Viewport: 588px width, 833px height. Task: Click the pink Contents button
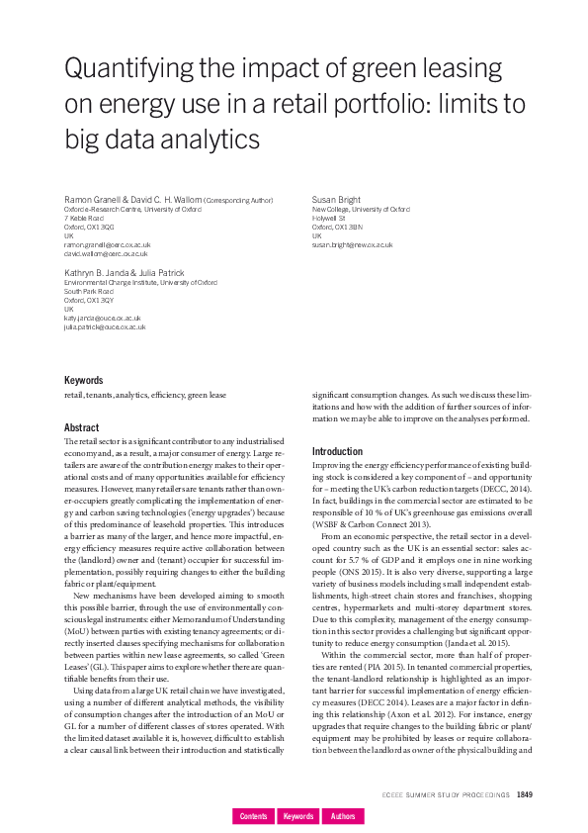coord(254,816)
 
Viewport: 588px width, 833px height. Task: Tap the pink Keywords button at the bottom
coord(298,816)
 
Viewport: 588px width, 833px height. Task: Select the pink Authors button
coord(343,816)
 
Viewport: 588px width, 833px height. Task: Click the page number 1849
coord(525,794)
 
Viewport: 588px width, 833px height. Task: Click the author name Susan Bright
coord(337,200)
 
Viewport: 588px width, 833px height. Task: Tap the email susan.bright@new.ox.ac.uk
coord(352,244)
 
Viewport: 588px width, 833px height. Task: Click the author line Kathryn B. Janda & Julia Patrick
coord(120,273)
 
